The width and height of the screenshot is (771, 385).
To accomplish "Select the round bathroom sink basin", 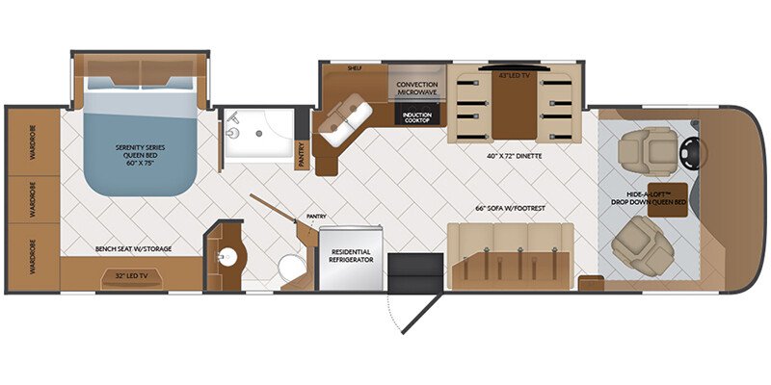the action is (228, 256).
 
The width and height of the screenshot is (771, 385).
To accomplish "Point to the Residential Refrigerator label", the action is (351, 256).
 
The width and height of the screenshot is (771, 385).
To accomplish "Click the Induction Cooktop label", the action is (416, 117).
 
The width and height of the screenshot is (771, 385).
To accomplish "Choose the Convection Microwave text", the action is (417, 89).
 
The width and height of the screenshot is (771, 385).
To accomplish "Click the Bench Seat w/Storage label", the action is (134, 249).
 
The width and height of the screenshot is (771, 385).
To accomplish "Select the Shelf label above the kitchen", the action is (355, 68).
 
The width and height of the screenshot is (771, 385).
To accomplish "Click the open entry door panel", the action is (422, 314).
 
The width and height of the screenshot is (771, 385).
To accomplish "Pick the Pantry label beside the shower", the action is (303, 155).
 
